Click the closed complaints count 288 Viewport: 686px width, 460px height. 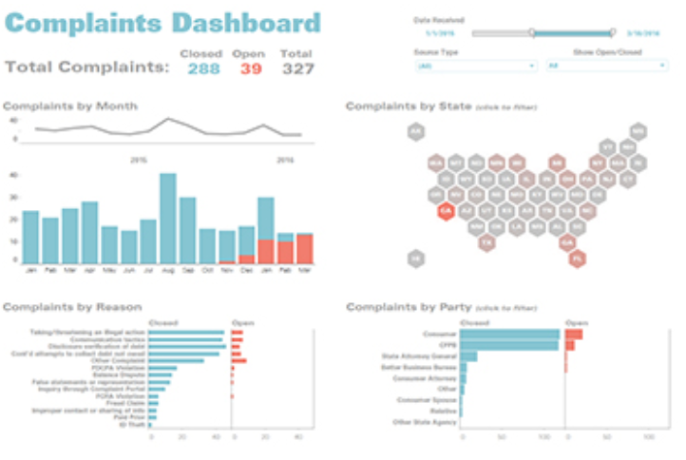click(202, 68)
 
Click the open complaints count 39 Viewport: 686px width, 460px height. click(251, 68)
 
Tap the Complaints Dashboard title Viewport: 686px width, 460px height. click(163, 24)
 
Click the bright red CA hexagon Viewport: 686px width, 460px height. click(445, 211)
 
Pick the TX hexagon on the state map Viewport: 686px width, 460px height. click(486, 243)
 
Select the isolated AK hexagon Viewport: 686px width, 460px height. click(414, 132)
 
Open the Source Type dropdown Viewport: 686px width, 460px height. click(475, 66)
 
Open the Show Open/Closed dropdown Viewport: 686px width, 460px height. click(605, 66)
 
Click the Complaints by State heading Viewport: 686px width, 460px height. click(409, 106)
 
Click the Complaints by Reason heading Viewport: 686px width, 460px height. click(72, 307)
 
